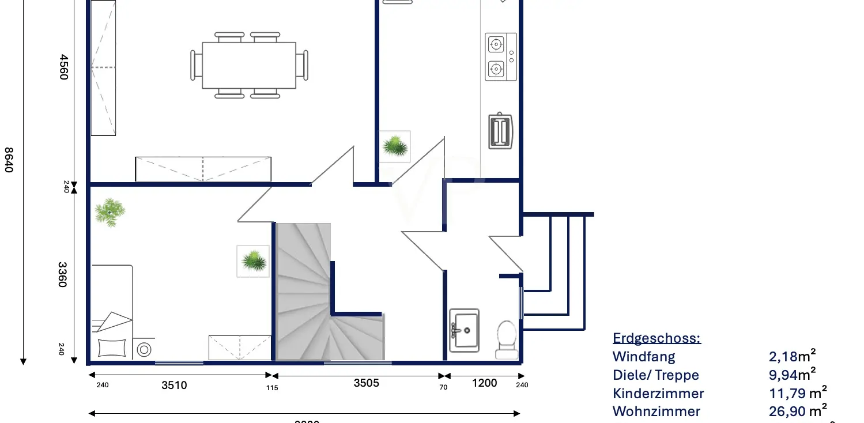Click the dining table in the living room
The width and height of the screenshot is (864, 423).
(x=249, y=65)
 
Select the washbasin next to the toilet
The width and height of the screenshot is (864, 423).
(x=465, y=330)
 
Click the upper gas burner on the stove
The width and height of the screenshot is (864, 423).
(x=496, y=44)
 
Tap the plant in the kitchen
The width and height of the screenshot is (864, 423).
(x=395, y=146)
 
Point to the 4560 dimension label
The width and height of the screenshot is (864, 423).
(x=63, y=67)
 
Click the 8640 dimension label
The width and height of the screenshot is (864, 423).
(x=9, y=160)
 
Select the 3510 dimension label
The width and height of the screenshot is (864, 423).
(x=173, y=385)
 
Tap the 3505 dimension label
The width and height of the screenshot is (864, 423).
(x=366, y=383)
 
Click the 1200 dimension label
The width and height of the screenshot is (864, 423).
(x=484, y=383)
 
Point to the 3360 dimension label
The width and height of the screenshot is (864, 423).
(x=63, y=274)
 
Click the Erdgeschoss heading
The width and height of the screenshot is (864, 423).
(x=657, y=338)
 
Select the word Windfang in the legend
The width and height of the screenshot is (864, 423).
(x=644, y=357)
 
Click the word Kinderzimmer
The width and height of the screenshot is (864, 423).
(x=658, y=394)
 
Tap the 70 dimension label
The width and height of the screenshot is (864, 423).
(x=443, y=387)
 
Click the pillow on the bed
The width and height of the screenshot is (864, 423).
(x=112, y=348)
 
